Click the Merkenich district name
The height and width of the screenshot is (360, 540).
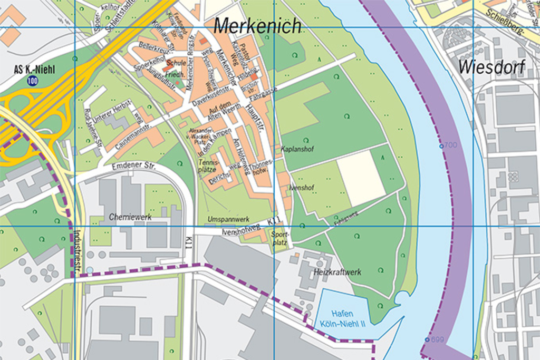click(x=257, y=25)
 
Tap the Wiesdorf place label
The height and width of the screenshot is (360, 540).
click(x=491, y=67)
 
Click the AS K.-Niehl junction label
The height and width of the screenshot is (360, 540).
click(x=35, y=70)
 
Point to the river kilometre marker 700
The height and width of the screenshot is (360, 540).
click(x=448, y=145)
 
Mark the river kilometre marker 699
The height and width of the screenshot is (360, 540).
click(x=435, y=339)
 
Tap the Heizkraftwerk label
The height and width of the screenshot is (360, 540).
click(x=337, y=272)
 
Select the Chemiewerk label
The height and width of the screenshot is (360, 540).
click(x=130, y=217)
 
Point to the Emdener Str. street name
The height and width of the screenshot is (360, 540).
click(x=131, y=166)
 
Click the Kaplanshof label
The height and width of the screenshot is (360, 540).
click(x=297, y=149)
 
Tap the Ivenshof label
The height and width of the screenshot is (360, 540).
click(x=302, y=187)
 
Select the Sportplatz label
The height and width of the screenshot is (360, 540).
click(x=279, y=239)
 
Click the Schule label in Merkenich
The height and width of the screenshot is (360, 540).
click(x=176, y=62)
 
